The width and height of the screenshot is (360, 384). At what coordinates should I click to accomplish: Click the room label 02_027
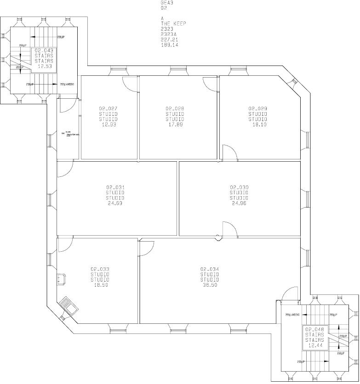(108, 109)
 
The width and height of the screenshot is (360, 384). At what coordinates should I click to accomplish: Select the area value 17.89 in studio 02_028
(175, 124)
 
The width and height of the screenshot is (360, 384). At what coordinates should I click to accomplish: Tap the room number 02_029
(257, 109)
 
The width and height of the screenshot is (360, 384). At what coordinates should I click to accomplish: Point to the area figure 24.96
(239, 203)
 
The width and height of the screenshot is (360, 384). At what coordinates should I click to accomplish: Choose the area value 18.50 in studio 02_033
(100, 285)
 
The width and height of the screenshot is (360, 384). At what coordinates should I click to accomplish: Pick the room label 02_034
(209, 269)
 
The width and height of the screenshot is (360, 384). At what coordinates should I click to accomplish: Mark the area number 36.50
(209, 285)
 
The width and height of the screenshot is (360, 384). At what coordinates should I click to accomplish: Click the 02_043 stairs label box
(44, 58)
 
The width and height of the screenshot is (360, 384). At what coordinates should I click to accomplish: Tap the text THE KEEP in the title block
(173, 23)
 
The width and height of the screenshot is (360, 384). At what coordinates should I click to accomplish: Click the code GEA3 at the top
(167, 3)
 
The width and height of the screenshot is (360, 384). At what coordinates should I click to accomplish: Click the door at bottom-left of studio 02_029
(229, 152)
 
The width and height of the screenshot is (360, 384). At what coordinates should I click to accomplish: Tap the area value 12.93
(108, 124)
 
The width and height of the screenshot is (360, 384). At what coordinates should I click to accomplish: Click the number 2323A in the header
(168, 34)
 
